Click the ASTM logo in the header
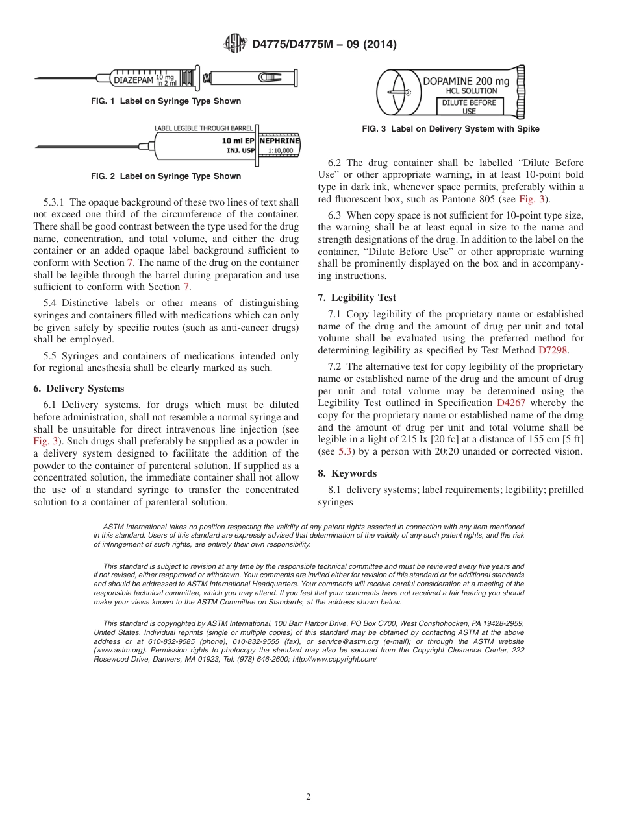coord(234,43)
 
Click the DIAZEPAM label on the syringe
coord(133,81)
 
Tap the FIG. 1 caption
coord(166,101)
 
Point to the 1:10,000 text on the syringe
coord(280,150)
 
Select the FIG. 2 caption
coord(166,176)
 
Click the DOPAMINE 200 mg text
coord(466,81)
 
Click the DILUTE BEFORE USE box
coord(469,106)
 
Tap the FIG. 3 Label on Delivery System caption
coord(450,129)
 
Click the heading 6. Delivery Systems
coord(79,389)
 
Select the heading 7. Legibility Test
coord(357,298)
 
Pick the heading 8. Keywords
coord(347,473)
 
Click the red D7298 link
coord(553,350)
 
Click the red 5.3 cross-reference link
coord(345,452)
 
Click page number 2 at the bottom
coord(308,797)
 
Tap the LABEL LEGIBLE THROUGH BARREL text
coord(203,128)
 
